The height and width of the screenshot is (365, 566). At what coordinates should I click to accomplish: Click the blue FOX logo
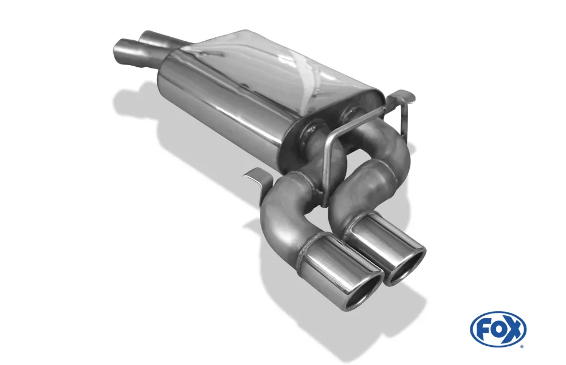point(498,329)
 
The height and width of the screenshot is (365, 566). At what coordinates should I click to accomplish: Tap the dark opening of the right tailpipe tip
point(405,266)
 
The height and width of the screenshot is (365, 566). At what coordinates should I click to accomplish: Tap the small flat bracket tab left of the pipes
point(255,176)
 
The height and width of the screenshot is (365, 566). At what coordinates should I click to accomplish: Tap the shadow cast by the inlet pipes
point(127,102)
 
